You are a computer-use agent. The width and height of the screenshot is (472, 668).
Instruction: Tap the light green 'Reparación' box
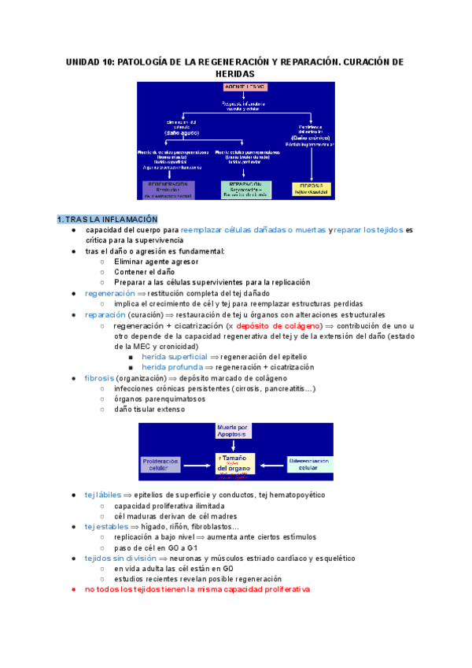245,189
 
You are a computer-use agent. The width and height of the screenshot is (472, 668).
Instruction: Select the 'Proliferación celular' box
164,463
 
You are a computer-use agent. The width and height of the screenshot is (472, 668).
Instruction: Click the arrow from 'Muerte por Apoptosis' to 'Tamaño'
234,445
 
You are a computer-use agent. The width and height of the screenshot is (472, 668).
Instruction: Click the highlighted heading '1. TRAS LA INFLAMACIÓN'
107,218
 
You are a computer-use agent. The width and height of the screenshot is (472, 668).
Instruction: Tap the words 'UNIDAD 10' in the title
89,61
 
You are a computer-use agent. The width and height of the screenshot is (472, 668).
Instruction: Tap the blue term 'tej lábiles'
102,495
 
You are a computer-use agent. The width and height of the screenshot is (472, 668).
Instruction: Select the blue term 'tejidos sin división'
120,557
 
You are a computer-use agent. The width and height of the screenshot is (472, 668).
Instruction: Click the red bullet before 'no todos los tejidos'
72,589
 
